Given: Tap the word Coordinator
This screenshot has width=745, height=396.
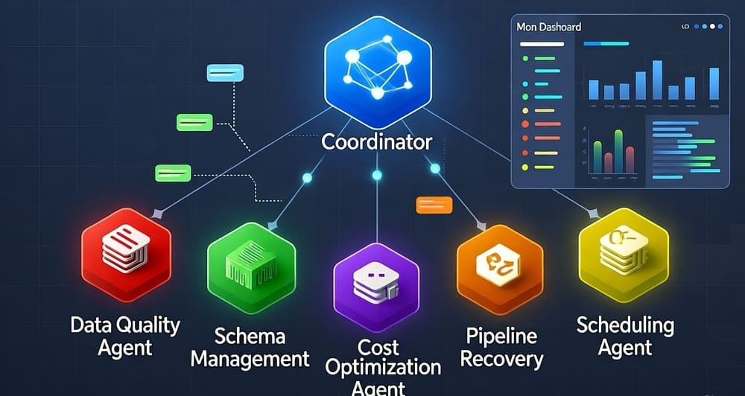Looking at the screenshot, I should (377, 141).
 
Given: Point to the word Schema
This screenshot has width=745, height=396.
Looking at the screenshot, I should (250, 336).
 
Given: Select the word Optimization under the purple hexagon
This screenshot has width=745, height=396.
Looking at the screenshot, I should (384, 368).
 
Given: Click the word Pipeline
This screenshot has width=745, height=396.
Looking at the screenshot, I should (501, 336).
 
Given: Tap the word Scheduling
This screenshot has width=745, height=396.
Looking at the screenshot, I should (626, 325).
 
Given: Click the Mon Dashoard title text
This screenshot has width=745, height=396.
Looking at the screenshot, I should (549, 27).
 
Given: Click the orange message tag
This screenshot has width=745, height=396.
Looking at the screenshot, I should (434, 203).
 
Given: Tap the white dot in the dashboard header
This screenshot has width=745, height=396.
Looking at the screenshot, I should (712, 26).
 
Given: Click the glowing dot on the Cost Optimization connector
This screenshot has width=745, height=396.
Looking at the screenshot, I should (377, 175).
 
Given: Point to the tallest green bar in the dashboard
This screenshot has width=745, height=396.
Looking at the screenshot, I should (618, 151).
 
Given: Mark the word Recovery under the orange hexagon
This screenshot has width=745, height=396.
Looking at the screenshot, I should (501, 359).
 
